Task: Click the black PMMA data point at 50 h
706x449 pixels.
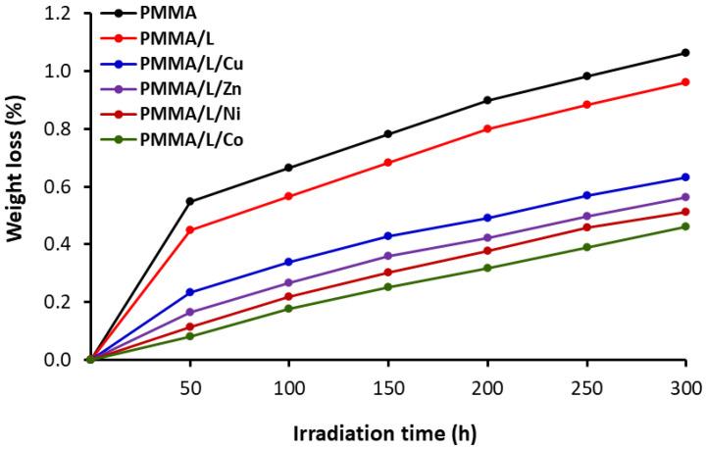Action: click(189, 201)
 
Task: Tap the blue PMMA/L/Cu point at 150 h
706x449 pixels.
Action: click(388, 236)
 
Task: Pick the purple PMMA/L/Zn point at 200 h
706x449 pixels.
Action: click(487, 238)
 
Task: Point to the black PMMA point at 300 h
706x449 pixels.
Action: click(685, 53)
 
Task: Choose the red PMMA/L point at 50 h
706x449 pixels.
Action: click(189, 230)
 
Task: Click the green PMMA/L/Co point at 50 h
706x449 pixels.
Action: click(189, 336)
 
